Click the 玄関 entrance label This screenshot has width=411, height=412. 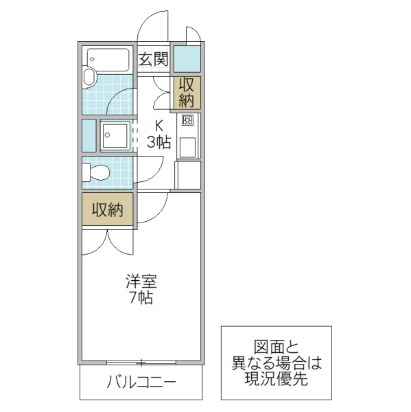[154, 59]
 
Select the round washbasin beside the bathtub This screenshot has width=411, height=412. [90, 78]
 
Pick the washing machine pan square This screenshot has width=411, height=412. [115, 135]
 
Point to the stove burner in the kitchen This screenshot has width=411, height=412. [187, 122]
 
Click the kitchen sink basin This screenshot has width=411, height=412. [187, 146]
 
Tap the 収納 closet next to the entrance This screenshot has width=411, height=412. [187, 92]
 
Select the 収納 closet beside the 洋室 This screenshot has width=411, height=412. [108, 210]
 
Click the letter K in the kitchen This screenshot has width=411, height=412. [159, 126]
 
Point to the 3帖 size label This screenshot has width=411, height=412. [159, 143]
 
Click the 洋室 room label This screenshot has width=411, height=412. [141, 281]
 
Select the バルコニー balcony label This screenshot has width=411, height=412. [141, 383]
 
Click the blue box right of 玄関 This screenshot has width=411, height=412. [187, 58]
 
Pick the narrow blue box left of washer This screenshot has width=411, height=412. [89, 135]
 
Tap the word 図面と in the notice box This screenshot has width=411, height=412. [277, 346]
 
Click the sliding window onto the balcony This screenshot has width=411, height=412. [141, 362]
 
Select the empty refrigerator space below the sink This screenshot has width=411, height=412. [187, 174]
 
